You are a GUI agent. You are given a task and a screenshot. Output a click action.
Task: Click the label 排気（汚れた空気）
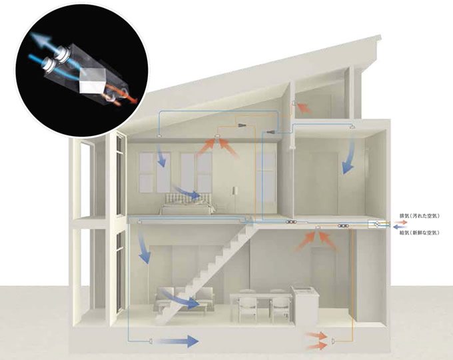click(419, 216)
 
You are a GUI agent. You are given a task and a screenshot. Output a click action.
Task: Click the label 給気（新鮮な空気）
click(419, 232)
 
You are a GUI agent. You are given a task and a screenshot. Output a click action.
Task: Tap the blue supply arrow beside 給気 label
click(400, 227)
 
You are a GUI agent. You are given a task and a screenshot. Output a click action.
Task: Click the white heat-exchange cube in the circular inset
click(91, 82)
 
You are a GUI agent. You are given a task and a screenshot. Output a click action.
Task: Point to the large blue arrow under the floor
click(177, 341)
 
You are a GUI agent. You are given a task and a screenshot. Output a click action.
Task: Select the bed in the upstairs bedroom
click(187, 204)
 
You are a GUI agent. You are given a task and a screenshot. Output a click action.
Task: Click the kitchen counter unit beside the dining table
click(305, 305)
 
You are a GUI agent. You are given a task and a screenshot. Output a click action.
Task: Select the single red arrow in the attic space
click(304, 107)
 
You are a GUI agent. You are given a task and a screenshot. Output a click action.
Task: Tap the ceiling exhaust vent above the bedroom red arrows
click(217, 137)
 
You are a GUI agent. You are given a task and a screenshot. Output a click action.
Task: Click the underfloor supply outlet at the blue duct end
click(151, 341)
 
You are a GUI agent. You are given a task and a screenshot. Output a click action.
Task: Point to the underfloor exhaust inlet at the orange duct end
click(333, 341)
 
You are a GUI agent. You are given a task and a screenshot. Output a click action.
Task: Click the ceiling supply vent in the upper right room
click(352, 127)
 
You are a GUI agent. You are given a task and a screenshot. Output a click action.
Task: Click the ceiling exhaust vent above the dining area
click(318, 228)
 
